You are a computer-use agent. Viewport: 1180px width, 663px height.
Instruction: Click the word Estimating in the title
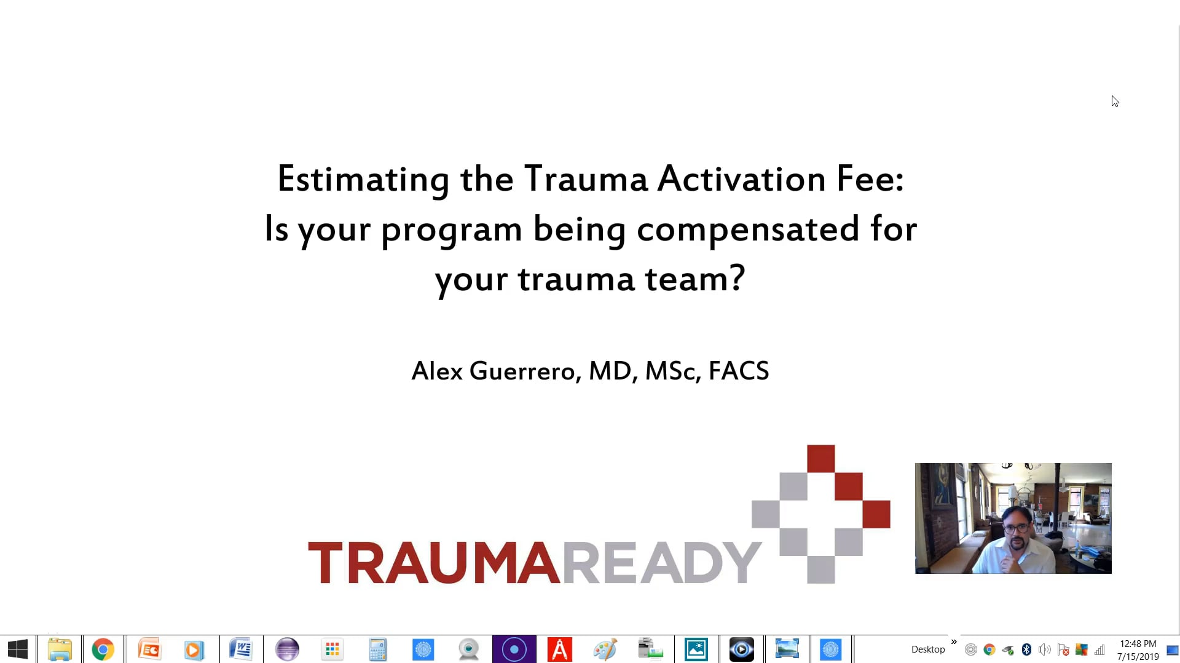tap(363, 180)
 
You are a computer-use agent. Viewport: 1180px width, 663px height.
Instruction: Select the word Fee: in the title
tap(870, 178)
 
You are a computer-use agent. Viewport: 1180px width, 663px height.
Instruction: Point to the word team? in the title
tap(695, 279)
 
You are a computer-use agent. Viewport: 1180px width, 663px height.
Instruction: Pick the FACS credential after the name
tap(739, 371)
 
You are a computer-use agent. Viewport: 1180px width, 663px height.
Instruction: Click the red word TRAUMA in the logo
tap(434, 563)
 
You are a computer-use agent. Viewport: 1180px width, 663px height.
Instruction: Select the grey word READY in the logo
tap(661, 563)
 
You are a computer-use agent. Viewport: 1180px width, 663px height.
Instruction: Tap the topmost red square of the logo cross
tap(820, 459)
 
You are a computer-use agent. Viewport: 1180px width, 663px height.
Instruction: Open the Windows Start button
tap(18, 649)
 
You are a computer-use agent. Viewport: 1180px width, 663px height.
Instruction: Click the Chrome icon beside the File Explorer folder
tap(103, 649)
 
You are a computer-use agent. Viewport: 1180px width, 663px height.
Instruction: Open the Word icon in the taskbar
tap(241, 649)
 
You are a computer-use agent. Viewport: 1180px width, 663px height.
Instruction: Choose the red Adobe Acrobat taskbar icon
tap(559, 649)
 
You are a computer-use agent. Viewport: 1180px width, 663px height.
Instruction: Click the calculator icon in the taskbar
tap(377, 649)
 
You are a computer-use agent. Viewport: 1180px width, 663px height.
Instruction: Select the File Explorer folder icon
tap(60, 649)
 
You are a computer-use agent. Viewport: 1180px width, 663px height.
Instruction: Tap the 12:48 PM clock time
tap(1138, 644)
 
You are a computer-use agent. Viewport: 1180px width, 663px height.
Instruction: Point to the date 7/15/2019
tap(1138, 657)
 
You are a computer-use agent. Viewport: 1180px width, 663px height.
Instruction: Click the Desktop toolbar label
tap(928, 649)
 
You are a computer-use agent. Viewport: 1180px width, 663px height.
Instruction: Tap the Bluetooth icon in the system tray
tap(1026, 649)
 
